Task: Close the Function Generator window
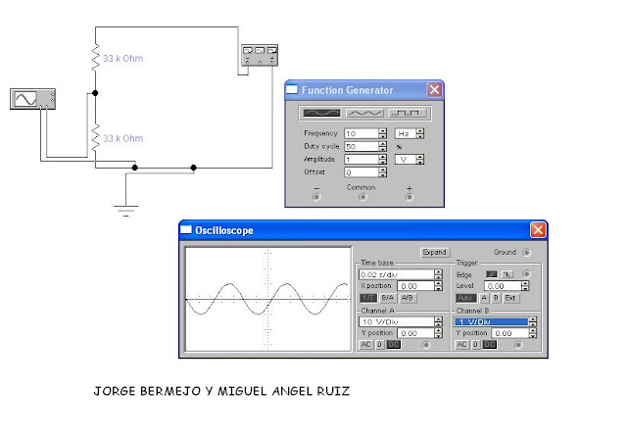coord(434,90)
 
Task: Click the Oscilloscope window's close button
coord(538,230)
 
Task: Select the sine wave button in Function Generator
coord(322,113)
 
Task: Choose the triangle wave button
coord(363,113)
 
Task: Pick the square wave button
coord(406,113)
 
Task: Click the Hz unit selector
coord(404,132)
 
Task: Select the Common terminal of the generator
coord(362,196)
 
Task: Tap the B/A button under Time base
coord(388,297)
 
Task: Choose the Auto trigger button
coord(464,297)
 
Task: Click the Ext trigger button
coord(510,297)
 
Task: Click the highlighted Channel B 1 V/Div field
coord(490,320)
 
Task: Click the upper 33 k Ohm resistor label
coord(123,60)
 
